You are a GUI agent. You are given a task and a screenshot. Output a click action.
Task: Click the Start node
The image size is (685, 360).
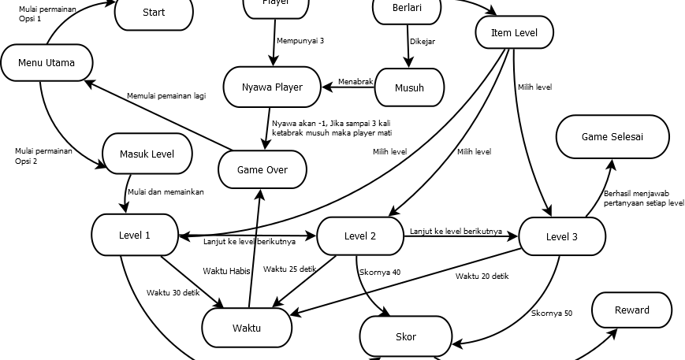pyautogui.click(x=154, y=13)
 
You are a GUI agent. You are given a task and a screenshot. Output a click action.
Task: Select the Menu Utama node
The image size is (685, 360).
pyautogui.click(x=47, y=63)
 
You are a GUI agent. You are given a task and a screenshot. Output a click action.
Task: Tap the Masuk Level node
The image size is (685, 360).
pyautogui.click(x=147, y=154)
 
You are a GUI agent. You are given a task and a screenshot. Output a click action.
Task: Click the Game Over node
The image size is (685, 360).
pyautogui.click(x=262, y=169)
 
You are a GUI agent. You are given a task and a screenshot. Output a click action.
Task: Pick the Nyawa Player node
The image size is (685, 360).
pyautogui.click(x=273, y=87)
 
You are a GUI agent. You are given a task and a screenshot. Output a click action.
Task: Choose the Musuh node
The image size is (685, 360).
pyautogui.click(x=409, y=87)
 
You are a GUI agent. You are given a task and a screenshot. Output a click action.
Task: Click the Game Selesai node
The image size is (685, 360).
pyautogui.click(x=612, y=136)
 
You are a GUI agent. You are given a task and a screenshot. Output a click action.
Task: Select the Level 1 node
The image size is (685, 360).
pyautogui.click(x=135, y=235)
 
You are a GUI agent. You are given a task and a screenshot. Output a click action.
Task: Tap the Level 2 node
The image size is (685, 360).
pyautogui.click(x=360, y=236)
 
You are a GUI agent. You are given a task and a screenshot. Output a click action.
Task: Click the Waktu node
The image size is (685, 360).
pyautogui.click(x=246, y=328)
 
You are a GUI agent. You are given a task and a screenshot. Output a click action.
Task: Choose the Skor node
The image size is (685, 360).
pyautogui.click(x=405, y=337)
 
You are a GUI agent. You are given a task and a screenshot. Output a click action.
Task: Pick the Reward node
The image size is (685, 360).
pyautogui.click(x=631, y=310)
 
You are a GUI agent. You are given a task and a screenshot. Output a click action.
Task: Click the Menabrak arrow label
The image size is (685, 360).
pyautogui.click(x=355, y=81)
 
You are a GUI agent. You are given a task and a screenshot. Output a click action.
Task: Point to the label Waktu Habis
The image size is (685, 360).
pyautogui.click(x=226, y=271)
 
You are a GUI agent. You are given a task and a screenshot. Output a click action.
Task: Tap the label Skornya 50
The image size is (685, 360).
pyautogui.click(x=552, y=314)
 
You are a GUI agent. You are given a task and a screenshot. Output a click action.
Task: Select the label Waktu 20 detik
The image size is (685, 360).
pyautogui.click(x=482, y=276)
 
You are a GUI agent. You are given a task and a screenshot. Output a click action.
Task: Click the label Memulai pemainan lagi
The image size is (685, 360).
pyautogui.click(x=166, y=96)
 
